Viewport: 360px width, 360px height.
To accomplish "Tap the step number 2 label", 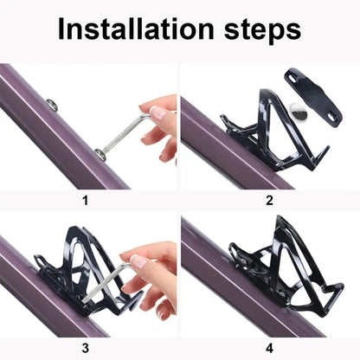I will [269, 201].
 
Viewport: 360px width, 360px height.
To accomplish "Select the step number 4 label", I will [269, 348].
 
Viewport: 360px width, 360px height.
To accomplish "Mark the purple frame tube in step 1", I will [52, 138].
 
